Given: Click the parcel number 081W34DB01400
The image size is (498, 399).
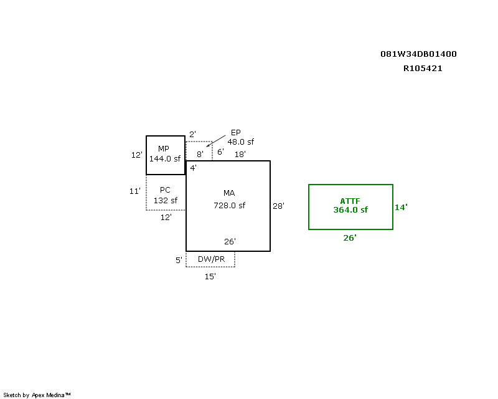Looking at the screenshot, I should pos(418,54).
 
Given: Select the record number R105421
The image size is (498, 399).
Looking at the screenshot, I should pos(423,69).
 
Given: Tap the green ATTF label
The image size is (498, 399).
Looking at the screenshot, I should pos(350,201).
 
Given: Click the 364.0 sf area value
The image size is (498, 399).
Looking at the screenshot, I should pos(350,210).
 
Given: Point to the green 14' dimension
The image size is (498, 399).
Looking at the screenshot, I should pos(401,208).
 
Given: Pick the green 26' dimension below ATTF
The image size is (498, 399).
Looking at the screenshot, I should pos(350,238).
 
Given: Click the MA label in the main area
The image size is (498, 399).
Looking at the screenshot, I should pos(229,193).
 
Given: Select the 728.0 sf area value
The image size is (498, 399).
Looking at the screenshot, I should pos(229,205).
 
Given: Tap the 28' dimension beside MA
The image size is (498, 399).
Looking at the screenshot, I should pos(278,206).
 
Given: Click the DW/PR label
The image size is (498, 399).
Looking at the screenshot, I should pos(211,259).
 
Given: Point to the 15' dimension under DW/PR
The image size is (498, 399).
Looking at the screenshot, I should pos(210,276).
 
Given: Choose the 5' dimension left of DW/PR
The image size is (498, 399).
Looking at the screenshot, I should pos(179,261).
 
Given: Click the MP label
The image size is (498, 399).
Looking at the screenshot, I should pos(164,148).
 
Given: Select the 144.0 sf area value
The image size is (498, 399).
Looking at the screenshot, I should pos(164,159).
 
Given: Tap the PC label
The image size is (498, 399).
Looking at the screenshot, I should pos(165,190).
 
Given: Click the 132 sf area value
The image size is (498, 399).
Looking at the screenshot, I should pos(166,201).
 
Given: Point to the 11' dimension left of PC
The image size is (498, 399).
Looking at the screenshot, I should pos(135,191).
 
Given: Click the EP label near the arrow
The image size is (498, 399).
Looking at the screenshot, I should pos(235,132).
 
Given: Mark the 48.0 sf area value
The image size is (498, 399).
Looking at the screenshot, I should pos(240,142).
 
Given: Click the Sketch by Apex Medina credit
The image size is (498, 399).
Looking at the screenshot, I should pos(37,395).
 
